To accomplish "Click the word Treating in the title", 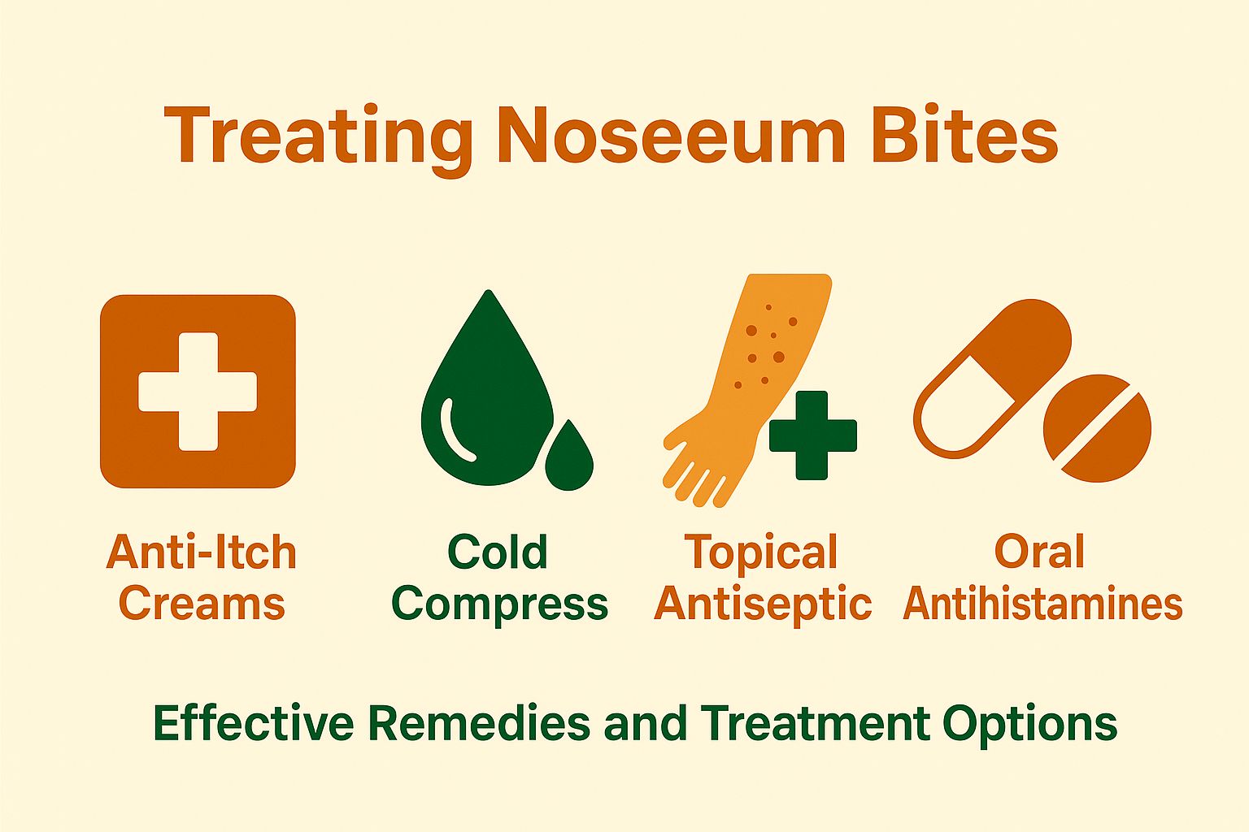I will [x=318, y=136].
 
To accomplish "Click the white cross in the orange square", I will [x=198, y=391].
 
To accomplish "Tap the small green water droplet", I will [x=569, y=459].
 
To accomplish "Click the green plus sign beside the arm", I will [x=812, y=435].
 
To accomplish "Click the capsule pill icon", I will [x=992, y=378].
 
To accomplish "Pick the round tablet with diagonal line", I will [x=1097, y=428].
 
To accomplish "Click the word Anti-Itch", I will [x=201, y=552].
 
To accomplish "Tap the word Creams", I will [x=202, y=604].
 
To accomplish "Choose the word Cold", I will [x=498, y=552].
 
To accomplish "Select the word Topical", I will [x=761, y=553].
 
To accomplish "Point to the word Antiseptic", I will [x=763, y=604].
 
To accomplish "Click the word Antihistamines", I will [x=1042, y=604].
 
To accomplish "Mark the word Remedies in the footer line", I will [x=479, y=722].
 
